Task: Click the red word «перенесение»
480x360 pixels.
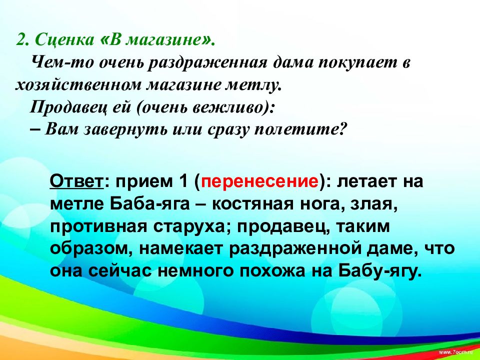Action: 259,181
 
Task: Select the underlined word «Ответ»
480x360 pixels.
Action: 76,181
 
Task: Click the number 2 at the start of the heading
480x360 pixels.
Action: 22,40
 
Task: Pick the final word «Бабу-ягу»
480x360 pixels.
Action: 380,271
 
